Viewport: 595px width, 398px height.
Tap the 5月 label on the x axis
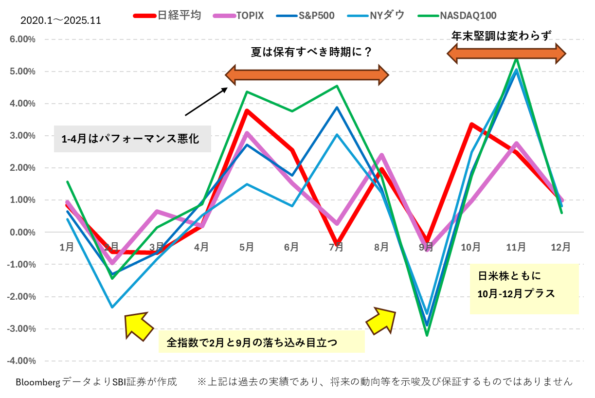pos(247,247)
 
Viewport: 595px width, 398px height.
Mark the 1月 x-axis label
pos(67,247)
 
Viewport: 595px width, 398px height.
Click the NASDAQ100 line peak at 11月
pos(516,58)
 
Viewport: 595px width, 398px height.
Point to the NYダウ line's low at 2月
pos(112,307)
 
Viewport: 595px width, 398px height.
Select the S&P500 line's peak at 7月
pos(337,108)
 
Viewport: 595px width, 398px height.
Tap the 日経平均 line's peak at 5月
pos(247,111)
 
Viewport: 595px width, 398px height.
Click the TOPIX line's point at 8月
pos(381,155)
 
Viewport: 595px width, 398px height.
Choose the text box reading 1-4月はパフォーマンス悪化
pos(132,139)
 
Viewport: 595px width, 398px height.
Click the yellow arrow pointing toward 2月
pos(137,325)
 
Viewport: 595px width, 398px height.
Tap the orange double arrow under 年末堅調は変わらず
pos(506,53)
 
